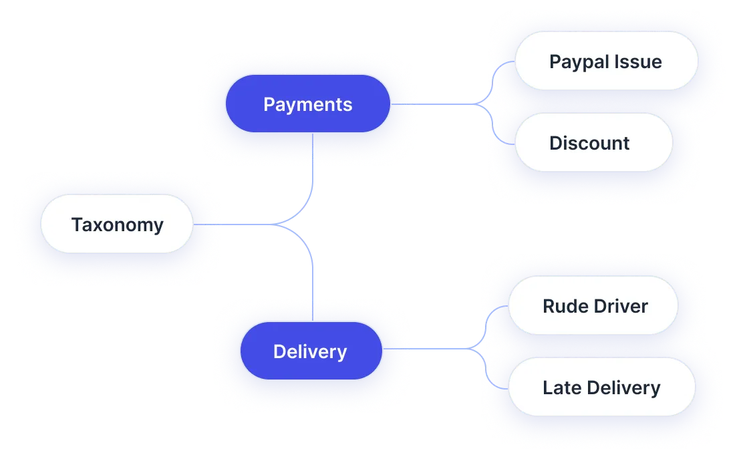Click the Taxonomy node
(117, 224)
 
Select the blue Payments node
(307, 104)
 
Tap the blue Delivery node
(310, 351)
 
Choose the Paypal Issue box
(605, 61)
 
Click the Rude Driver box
(593, 306)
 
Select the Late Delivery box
(601, 388)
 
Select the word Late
(561, 388)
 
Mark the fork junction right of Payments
(483, 104)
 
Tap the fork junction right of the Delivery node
(476, 348)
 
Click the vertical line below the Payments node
(313, 160)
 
